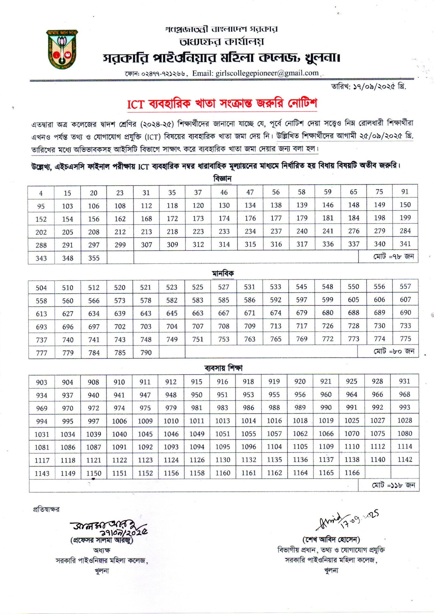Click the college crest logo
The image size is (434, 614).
pyautogui.click(x=62, y=49)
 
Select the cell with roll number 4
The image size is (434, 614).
pyautogui.click(x=41, y=193)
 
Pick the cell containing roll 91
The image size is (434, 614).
pyautogui.click(x=405, y=192)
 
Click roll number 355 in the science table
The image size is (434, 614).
pyautogui.click(x=94, y=258)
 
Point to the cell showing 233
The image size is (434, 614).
pyautogui.click(x=224, y=231)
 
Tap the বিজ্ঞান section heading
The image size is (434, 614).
pyautogui.click(x=222, y=179)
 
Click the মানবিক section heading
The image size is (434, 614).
pyautogui.click(x=222, y=273)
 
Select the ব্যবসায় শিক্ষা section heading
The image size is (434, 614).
pyautogui.click(x=223, y=368)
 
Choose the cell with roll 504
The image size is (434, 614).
pyautogui.click(x=41, y=288)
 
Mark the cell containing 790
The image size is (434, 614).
pyautogui.click(x=146, y=352)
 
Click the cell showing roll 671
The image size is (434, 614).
pyautogui.click(x=250, y=313)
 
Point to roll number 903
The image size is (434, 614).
pyautogui.click(x=42, y=382)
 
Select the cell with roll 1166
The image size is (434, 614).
pyautogui.click(x=352, y=473)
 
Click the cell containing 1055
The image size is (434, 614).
pyautogui.click(x=248, y=433)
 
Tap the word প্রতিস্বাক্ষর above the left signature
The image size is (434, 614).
pyautogui.click(x=46, y=509)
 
